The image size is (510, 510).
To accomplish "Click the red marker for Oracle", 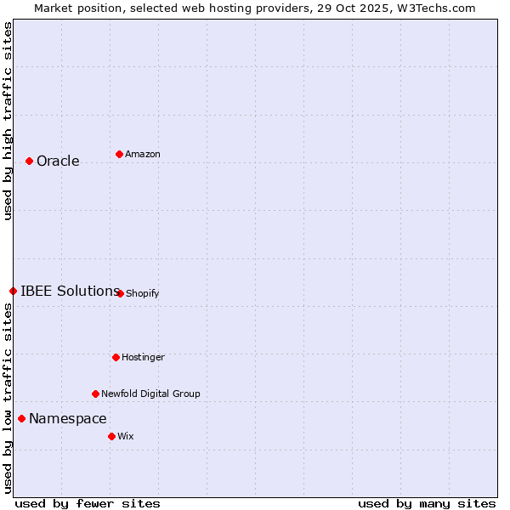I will click(29, 161).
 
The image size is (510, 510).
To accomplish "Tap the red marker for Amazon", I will click(119, 154).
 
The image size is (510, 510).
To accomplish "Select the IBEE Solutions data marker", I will click(13, 291).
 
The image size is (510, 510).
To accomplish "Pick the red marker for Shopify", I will click(120, 293).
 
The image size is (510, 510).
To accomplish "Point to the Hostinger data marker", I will click(116, 357).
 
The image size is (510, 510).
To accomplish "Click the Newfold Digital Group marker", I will click(95, 394).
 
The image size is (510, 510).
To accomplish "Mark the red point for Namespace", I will click(21, 418).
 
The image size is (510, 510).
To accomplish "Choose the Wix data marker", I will click(111, 436).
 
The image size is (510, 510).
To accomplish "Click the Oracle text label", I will click(58, 161).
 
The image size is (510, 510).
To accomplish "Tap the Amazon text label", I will click(143, 155).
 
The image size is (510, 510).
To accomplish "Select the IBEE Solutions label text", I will click(70, 291).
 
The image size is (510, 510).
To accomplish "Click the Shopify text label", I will click(142, 294).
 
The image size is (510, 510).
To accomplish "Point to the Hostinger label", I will click(143, 358).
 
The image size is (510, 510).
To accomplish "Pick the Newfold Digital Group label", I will click(150, 394).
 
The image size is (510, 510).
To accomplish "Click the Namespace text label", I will click(68, 418).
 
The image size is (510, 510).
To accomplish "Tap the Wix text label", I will click(126, 437).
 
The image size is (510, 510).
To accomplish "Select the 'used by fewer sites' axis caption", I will click(88, 503).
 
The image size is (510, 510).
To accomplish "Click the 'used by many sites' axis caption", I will click(427, 503).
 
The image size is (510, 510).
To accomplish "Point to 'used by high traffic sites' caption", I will click(8, 121).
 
